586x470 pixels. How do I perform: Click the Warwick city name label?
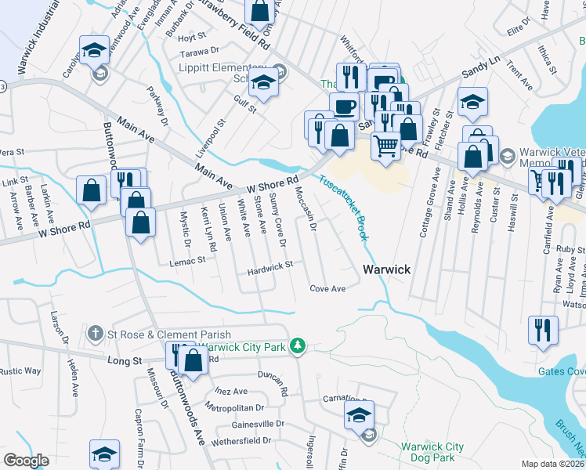point(386,269)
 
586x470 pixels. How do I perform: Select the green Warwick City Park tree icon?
point(297,345)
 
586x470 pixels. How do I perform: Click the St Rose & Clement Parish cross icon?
point(96,334)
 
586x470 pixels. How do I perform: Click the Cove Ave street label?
point(327,289)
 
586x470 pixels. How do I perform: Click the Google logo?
point(26,461)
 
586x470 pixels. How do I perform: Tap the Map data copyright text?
point(553,464)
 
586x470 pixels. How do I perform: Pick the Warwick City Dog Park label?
point(432,453)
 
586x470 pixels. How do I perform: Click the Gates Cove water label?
point(561,371)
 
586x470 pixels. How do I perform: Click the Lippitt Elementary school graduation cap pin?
point(264,82)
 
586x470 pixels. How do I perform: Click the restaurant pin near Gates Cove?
point(543,331)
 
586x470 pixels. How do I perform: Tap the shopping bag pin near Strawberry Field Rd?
point(259,12)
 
